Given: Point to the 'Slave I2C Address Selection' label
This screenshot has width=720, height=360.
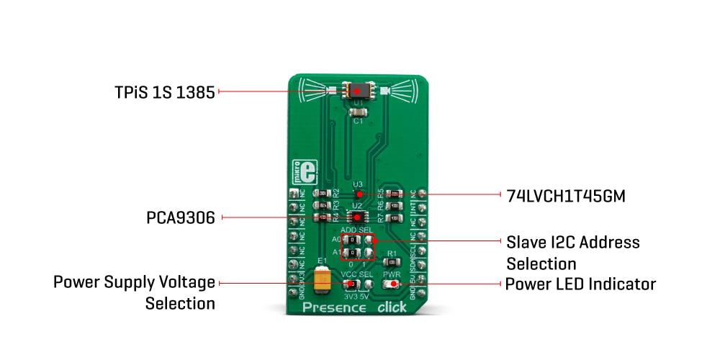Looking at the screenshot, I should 573,252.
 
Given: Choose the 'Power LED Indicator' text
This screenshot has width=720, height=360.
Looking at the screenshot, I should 580,284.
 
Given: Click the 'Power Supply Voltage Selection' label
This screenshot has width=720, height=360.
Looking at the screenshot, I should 134,292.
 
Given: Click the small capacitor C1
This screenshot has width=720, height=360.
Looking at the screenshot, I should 357,112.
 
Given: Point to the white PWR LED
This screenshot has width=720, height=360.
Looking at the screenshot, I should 392,284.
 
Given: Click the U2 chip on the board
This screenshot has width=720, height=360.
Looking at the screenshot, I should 356,217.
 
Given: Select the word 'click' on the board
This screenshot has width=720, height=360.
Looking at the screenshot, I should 392,307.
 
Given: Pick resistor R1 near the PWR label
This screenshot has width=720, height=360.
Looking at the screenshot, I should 392,264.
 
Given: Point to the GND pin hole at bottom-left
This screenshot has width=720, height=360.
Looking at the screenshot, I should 294,292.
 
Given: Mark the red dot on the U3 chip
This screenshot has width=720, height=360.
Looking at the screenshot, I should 358,194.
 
